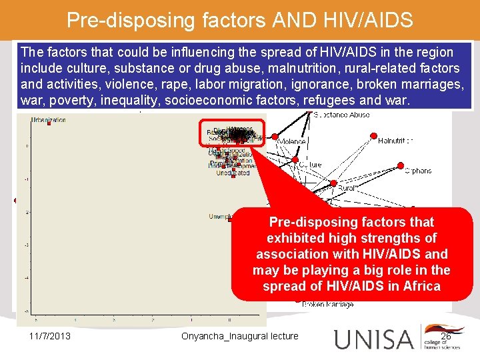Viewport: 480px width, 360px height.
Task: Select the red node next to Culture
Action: (x=295, y=160)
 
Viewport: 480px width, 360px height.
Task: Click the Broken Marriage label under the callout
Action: (x=327, y=305)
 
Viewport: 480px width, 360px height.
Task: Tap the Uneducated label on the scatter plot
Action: (x=233, y=173)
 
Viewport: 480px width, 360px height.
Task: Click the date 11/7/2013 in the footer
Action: (x=50, y=336)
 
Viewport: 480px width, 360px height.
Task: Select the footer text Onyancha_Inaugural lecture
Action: (x=239, y=336)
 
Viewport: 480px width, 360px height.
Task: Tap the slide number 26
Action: (x=445, y=336)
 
